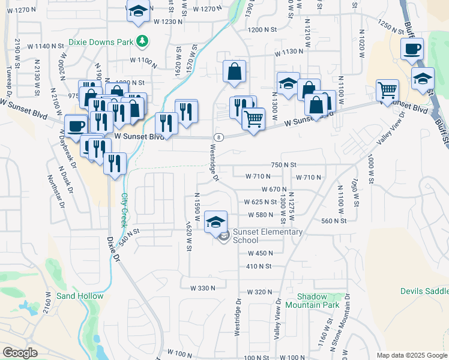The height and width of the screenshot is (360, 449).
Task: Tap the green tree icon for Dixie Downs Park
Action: [x=142, y=41]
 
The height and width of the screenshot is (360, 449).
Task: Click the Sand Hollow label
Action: [x=80, y=296]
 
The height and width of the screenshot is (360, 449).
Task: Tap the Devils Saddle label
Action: [x=424, y=291]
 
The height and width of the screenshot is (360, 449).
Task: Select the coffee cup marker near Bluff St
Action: [x=412, y=50]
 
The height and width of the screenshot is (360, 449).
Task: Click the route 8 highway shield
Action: [x=217, y=137]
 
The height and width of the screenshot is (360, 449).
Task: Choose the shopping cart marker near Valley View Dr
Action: [x=388, y=91]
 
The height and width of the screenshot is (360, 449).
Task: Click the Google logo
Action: [x=20, y=353]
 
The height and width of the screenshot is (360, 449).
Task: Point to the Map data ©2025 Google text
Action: [x=411, y=355]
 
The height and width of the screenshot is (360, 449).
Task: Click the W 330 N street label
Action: [x=202, y=288]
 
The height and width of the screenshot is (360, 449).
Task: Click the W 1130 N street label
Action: [x=289, y=52]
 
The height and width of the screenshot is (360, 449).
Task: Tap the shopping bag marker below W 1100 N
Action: [x=235, y=72]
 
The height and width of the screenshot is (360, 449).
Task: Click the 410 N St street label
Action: [x=259, y=266]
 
